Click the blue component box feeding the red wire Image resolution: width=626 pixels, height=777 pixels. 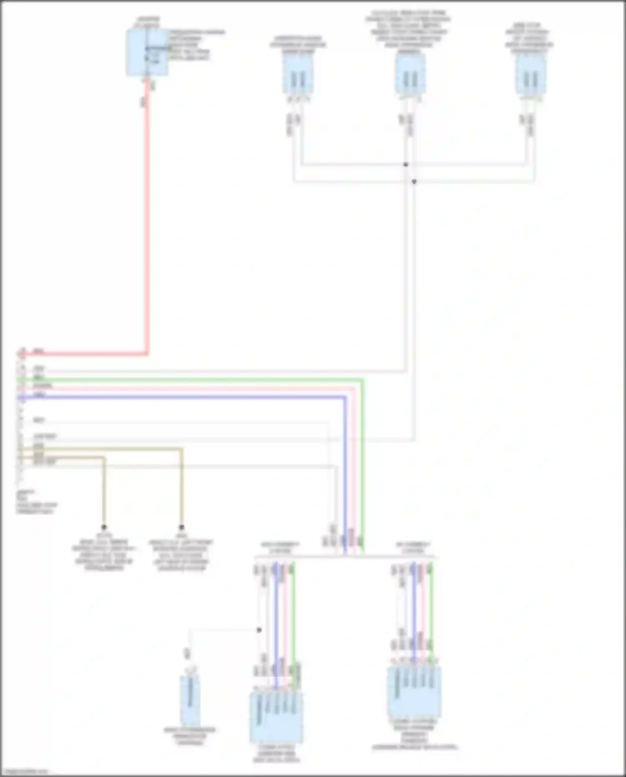point(147,53)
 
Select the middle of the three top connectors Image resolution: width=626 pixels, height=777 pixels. point(410,75)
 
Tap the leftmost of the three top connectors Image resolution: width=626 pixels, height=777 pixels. point(298,75)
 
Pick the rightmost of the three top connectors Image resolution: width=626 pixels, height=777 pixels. point(530,75)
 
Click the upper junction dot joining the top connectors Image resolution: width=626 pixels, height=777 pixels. point(406,165)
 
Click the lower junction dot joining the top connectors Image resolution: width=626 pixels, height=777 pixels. point(414,182)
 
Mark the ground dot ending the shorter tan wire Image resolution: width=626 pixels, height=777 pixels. point(104,527)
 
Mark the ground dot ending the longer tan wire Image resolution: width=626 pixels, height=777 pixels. point(182,527)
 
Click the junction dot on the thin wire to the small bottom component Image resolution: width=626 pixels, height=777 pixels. point(259,630)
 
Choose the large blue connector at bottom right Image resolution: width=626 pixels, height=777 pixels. point(414,691)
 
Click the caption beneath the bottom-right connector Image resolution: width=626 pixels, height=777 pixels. point(414,735)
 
